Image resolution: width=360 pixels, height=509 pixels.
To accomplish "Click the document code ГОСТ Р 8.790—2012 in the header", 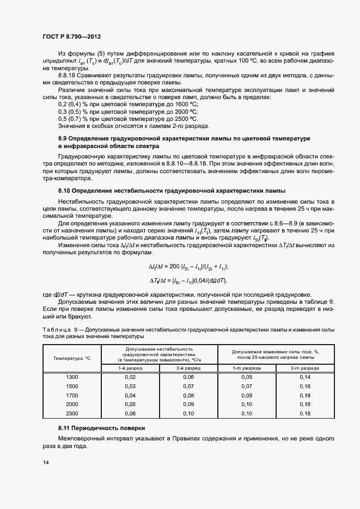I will [71, 36].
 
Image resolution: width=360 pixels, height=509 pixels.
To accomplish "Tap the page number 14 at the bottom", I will [45, 462].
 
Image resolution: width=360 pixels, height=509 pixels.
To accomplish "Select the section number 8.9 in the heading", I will [64, 139].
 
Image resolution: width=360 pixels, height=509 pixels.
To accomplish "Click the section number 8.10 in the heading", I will [66, 191].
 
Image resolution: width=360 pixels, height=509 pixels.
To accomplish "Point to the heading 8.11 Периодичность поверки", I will [102, 428].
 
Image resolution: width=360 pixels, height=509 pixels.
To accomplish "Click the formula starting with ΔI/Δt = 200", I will [188, 266].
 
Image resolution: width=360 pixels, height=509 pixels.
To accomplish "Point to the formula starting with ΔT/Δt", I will [188, 280].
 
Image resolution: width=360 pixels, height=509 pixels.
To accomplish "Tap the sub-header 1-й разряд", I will [130, 368].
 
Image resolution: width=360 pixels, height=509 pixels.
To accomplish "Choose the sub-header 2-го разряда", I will [304, 368].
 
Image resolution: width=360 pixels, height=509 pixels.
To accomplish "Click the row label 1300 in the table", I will [72, 377].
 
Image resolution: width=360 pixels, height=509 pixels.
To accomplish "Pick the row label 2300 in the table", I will [72, 413].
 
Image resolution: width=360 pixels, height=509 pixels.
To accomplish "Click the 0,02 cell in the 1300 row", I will [130, 377].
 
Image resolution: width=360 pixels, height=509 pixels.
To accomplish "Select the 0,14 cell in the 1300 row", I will [304, 377].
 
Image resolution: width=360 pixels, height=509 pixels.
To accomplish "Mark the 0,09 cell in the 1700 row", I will [247, 395].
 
